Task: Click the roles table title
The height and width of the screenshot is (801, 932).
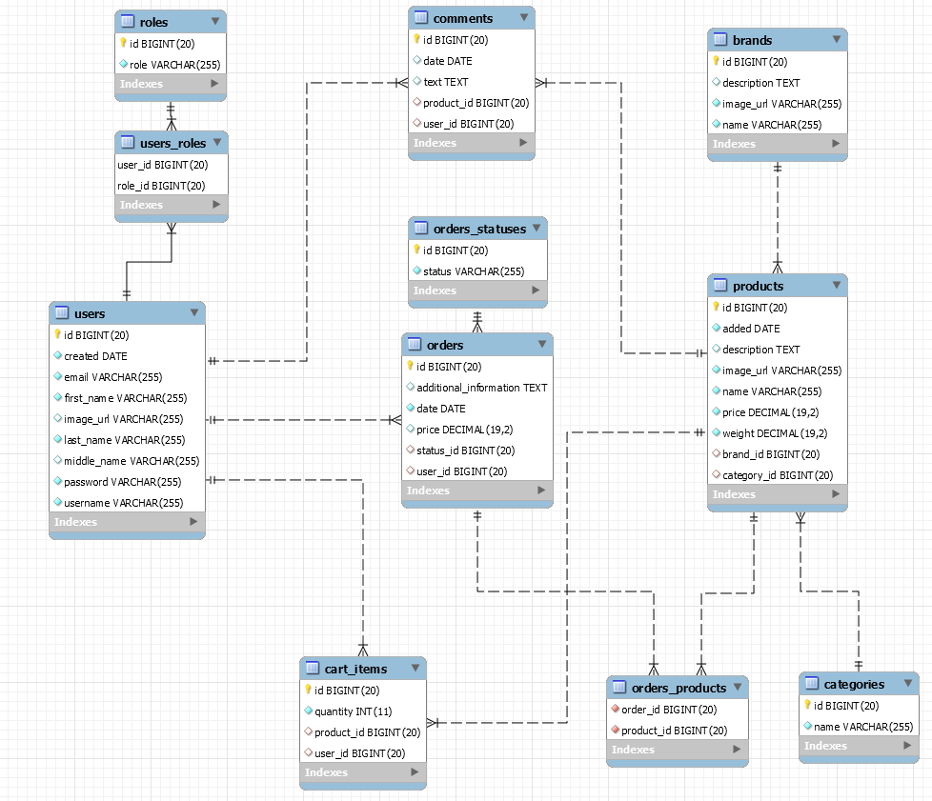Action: [153, 21]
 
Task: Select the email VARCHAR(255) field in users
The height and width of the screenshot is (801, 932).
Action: [112, 377]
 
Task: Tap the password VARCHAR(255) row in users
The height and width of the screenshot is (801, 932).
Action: [122, 482]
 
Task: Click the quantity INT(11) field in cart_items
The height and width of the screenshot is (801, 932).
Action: [354, 711]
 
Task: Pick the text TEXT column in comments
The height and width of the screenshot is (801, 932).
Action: [445, 82]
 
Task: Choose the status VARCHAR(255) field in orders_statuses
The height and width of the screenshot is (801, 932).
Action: [473, 271]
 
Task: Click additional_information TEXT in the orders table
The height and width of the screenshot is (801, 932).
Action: [481, 388]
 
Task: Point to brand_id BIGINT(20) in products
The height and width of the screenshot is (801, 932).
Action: [770, 454]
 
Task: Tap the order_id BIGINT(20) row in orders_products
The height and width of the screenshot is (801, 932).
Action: [668, 710]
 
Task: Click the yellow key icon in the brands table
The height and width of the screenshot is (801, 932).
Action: [716, 62]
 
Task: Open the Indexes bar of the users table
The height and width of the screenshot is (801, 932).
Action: [127, 522]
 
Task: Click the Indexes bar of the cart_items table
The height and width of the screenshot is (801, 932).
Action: [362, 772]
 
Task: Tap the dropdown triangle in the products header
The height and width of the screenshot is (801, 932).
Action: [836, 285]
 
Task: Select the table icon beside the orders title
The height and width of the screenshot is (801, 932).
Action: [415, 345]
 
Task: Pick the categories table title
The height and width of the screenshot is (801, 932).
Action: [854, 684]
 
